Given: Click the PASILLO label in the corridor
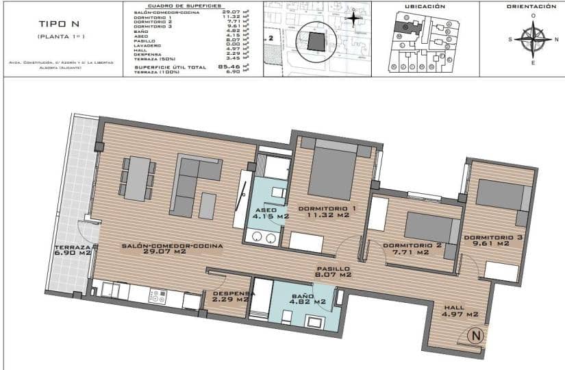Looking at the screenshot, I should [333, 269].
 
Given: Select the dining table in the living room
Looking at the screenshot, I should [139, 177].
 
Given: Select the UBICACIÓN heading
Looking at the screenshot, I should [425, 6].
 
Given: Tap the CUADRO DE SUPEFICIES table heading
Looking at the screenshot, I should [185, 5].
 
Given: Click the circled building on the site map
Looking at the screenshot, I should [316, 41].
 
